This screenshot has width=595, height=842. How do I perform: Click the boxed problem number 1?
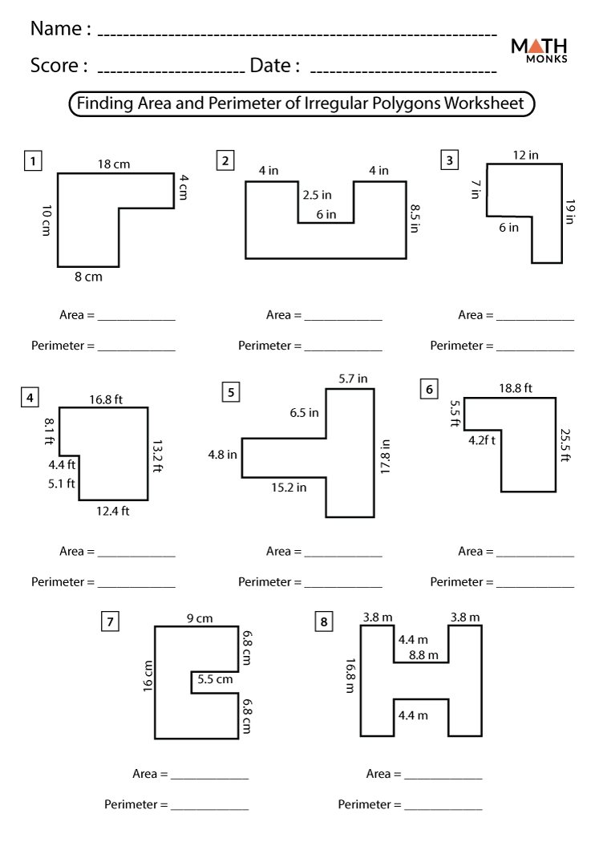pos(32,161)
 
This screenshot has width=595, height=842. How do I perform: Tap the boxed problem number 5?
pos(231,391)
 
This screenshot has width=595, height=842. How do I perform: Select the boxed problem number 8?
pos(324,621)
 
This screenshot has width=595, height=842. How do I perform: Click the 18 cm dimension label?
pos(114,164)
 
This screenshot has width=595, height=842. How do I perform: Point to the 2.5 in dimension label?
pos(317,195)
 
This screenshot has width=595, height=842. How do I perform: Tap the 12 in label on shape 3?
pos(526,156)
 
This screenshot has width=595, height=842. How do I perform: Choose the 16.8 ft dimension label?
pos(106,399)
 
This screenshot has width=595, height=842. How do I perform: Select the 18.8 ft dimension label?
pos(516,389)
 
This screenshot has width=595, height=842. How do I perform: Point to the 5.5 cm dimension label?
pos(215,679)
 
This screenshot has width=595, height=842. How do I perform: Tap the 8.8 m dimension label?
pos(423,655)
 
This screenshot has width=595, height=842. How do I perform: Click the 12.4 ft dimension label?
pos(113,511)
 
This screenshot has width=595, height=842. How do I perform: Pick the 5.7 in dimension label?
pos(353,378)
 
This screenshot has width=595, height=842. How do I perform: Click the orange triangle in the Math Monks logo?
pos(539,44)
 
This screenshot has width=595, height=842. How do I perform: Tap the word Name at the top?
pos(55,30)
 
